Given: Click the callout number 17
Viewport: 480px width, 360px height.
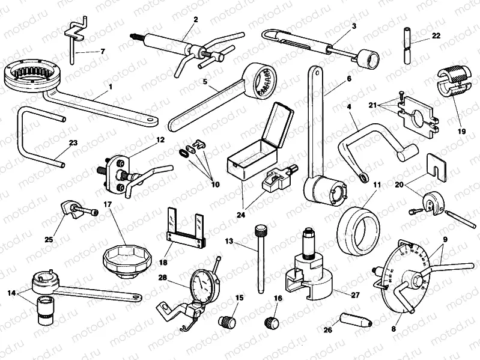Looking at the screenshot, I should pyautogui.click(x=108, y=204).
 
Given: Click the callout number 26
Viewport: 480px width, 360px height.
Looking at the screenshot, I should pyautogui.click(x=327, y=329).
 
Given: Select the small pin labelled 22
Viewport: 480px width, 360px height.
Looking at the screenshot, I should pyautogui.click(x=407, y=47).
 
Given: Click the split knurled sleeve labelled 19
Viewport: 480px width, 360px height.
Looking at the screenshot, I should pyautogui.click(x=449, y=79).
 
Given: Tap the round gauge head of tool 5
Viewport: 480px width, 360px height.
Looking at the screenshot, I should pyautogui.click(x=263, y=81).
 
